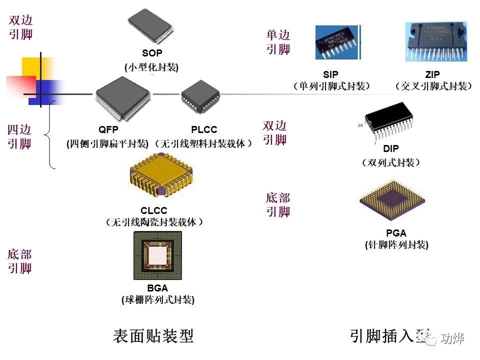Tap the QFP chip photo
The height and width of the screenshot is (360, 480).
[123, 98]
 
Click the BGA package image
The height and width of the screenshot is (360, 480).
[157, 256]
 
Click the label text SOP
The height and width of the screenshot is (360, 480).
[152, 53]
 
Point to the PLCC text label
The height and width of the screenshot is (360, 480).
[204, 130]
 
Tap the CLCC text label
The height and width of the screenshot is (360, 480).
[154, 211]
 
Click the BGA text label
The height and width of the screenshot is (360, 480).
[157, 288]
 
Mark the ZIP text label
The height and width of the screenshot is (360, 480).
[432, 75]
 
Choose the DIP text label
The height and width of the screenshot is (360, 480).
[391, 149]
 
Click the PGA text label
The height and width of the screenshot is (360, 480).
[396, 233]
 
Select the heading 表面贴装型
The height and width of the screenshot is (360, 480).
[153, 336]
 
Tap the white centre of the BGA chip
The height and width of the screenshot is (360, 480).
[158, 256]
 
